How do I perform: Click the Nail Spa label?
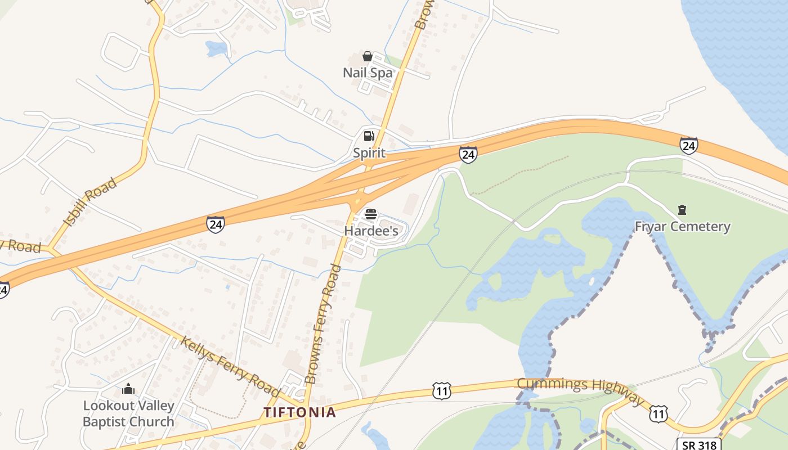tap(368, 73)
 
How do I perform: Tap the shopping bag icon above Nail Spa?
tap(368, 56)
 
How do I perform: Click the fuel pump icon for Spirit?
tap(369, 136)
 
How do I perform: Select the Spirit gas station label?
tap(369, 153)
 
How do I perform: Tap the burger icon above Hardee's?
tap(371, 214)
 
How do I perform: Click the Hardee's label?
tap(371, 231)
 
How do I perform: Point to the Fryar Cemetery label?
tap(682, 227)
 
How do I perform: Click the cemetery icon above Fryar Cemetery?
tap(682, 210)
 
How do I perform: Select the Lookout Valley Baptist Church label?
tap(128, 413)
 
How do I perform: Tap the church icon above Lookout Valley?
tap(128, 389)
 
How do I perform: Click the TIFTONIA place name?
tap(300, 412)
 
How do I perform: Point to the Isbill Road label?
tap(90, 202)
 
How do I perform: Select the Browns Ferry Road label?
tap(323, 324)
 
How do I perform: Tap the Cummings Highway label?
tap(580, 389)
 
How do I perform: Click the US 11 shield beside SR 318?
tap(658, 415)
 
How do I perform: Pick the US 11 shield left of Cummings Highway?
tap(442, 390)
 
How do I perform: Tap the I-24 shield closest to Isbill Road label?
tap(215, 224)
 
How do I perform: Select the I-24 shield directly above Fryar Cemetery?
tap(689, 146)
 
